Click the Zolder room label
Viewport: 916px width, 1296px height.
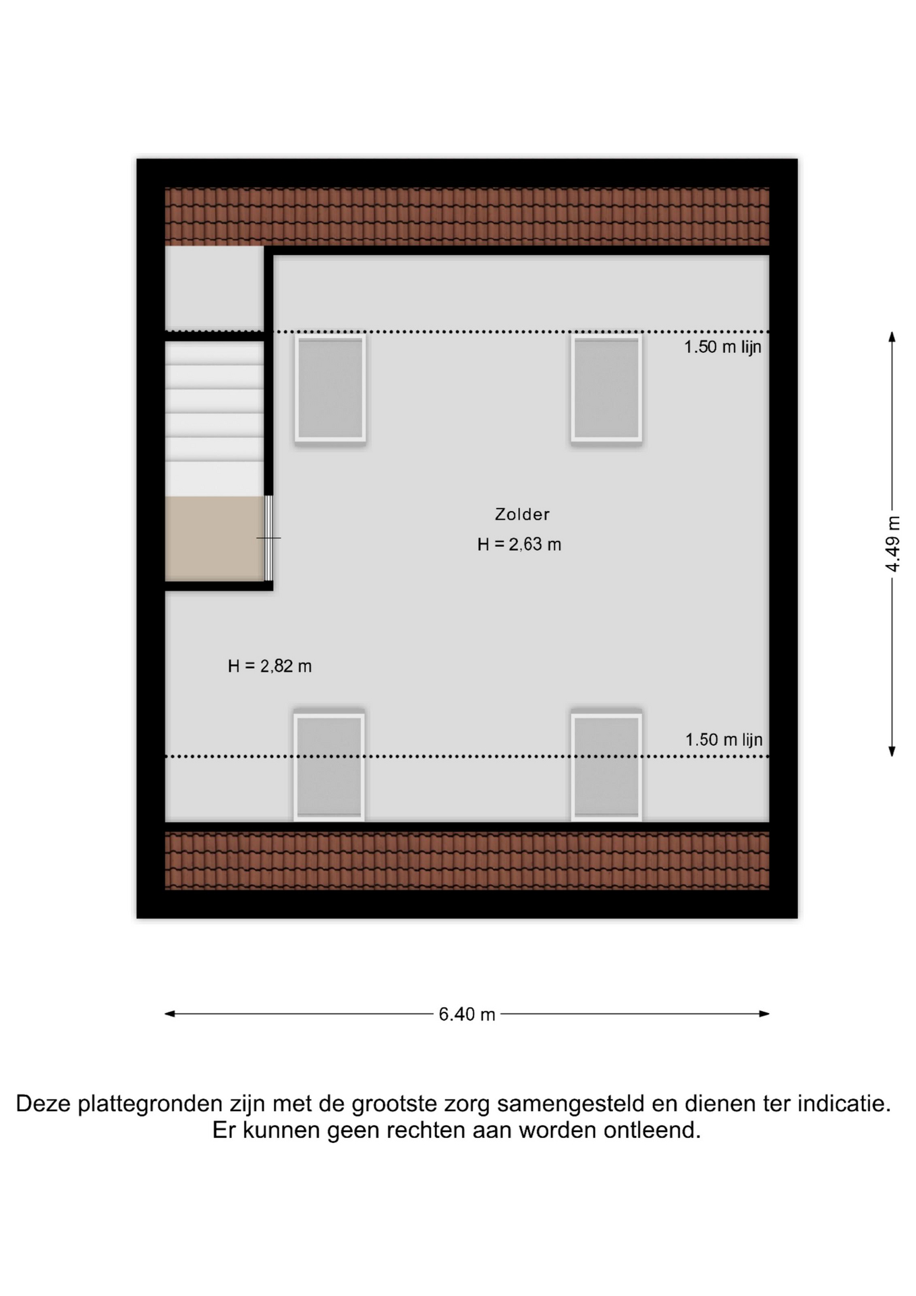coord(522,514)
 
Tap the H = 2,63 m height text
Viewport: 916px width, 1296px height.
coord(519,545)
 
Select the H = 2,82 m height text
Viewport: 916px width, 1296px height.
coord(270,666)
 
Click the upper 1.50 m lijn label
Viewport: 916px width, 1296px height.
coord(723,347)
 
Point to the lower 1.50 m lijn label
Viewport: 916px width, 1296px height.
coord(724,740)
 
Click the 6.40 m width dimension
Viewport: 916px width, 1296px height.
coord(467,1014)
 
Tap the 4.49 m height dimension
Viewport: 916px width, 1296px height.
coord(892,544)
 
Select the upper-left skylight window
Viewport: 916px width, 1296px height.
coord(331,389)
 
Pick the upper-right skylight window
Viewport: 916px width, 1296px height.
coord(606,389)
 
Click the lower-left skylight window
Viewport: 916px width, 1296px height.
coord(329,765)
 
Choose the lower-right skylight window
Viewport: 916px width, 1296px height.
coord(606,765)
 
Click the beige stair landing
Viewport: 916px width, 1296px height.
coord(214,539)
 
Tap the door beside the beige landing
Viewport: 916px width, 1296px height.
coord(268,538)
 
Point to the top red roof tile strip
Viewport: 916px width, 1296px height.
coord(467,216)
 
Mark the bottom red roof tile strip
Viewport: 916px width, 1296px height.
coord(467,861)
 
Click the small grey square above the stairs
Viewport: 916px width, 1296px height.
coord(214,288)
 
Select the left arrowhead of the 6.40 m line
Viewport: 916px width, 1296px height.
coord(170,1014)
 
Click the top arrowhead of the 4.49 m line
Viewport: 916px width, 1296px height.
coord(892,336)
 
